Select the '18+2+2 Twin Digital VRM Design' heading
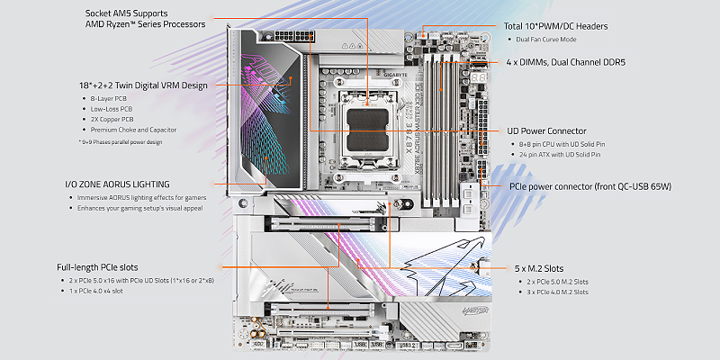(x=143, y=85)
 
